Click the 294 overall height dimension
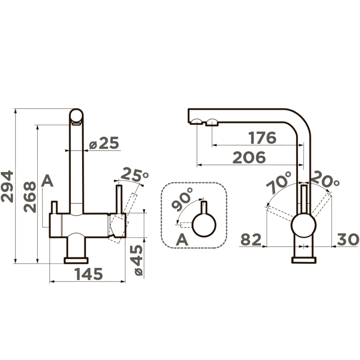pos(7,186)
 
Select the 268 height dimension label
pos(30,197)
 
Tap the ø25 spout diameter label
pos(104,143)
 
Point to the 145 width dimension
pos(89,274)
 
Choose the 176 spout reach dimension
pos(262,138)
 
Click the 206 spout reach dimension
pos(249,158)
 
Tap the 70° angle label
pos(279,183)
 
